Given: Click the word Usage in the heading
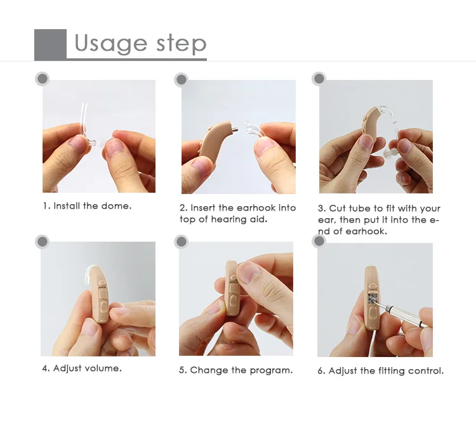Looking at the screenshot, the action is tap(111, 44).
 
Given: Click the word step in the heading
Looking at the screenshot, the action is tap(182, 44).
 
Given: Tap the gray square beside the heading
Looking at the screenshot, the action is tap(50, 44).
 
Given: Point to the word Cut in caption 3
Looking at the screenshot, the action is tap(338, 209).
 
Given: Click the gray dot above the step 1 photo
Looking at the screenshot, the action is tap(42, 79).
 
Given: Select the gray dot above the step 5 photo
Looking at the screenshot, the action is tap(182, 242).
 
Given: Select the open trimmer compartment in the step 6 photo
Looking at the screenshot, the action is tap(373, 297).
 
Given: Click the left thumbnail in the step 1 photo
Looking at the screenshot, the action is tap(78, 144).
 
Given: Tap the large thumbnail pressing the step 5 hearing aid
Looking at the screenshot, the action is tap(248, 272).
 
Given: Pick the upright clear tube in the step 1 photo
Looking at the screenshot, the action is tap(83, 121).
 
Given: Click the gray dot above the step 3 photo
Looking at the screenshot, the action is tap(319, 79).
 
